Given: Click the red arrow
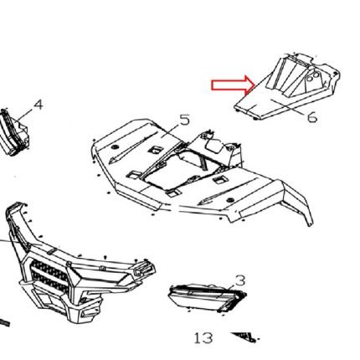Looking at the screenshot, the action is pos(233,85).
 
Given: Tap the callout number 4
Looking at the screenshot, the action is pos(39,105).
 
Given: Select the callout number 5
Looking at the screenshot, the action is pos(184,120).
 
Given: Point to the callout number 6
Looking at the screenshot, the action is pos(312,116).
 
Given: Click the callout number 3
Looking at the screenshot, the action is pos(239,280).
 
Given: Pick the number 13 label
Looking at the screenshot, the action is pos(203,338).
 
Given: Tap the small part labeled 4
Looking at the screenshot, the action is pos(14,132).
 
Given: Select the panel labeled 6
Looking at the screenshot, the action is pos(287,86).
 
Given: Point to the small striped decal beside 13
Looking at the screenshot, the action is pos(244,337).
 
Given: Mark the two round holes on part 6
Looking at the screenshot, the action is pos(312,77).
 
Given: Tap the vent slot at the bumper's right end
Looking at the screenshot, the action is pos(143,269).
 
